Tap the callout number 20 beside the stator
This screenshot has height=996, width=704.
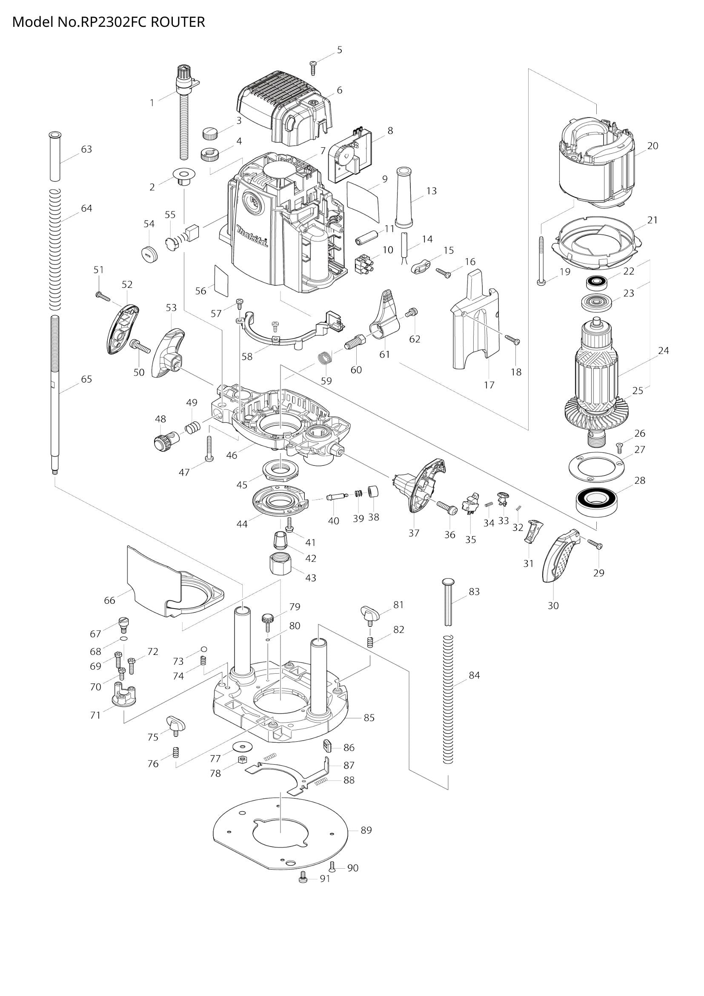pyautogui.click(x=652, y=146)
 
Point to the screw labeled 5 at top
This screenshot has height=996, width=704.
pyautogui.click(x=313, y=67)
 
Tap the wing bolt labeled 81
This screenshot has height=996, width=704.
pyautogui.click(x=370, y=613)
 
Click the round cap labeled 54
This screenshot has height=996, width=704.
pyautogui.click(x=149, y=253)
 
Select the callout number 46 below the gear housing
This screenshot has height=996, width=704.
pyautogui.click(x=232, y=456)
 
